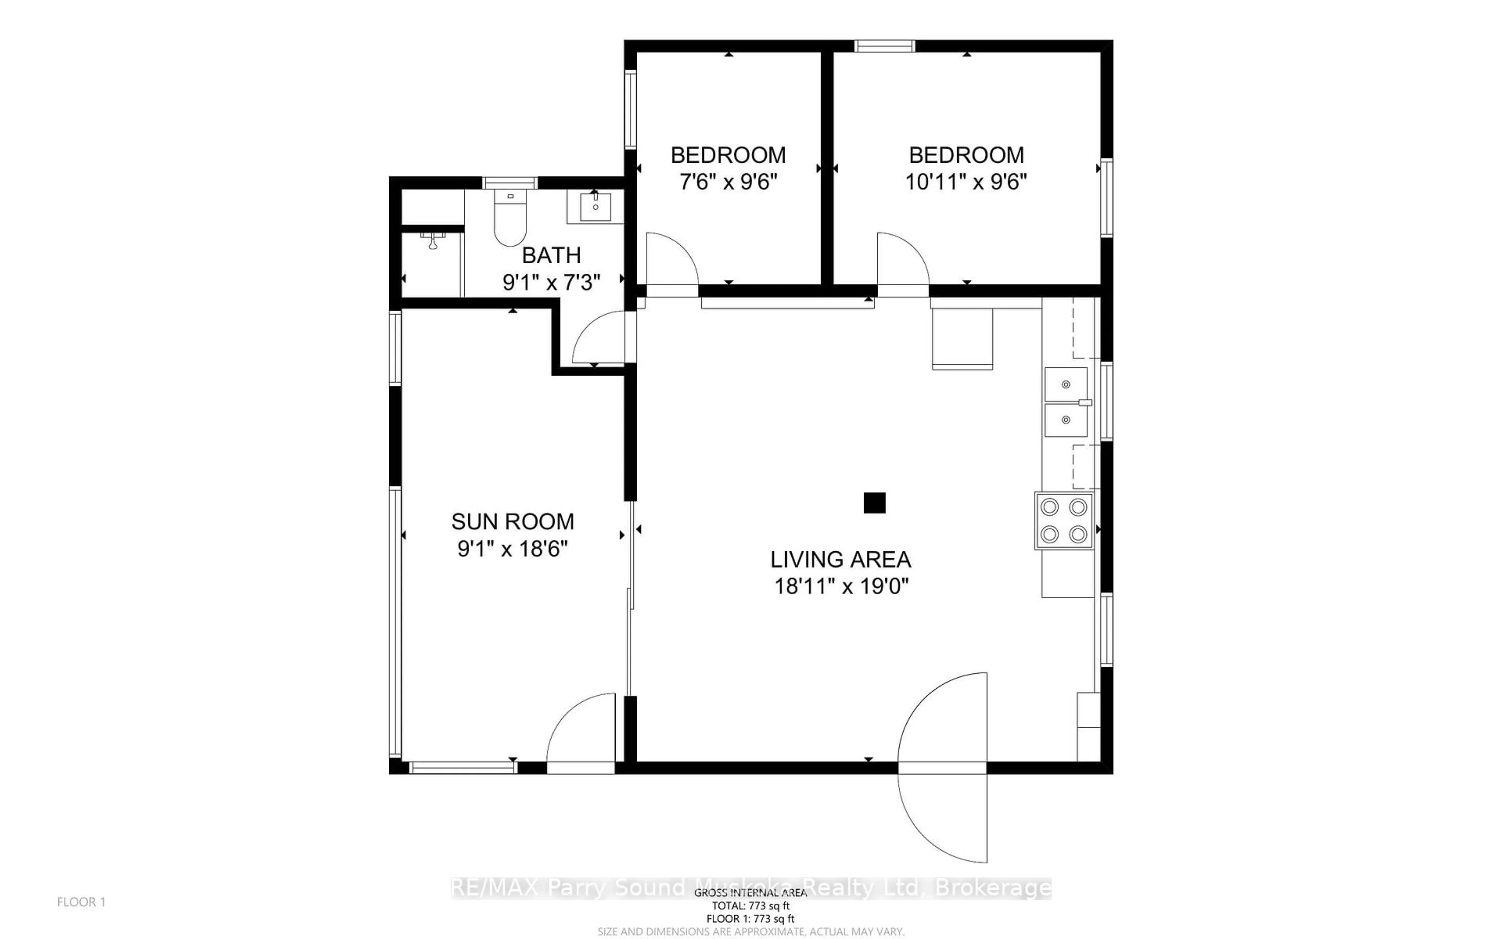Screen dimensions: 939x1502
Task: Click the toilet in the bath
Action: tap(510, 219)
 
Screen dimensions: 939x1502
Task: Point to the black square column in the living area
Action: tap(874, 502)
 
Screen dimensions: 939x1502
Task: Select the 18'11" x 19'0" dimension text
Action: tap(841, 586)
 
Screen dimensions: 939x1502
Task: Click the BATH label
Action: tap(551, 255)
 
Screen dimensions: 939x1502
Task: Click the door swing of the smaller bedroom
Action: tap(670, 261)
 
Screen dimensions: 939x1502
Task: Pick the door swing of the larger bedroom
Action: tap(901, 261)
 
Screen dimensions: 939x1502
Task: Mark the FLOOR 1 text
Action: tap(81, 902)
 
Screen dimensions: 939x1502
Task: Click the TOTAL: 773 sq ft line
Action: tap(750, 905)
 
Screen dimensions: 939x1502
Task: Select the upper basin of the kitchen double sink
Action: tap(1065, 385)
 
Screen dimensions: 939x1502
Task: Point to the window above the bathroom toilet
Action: tap(510, 183)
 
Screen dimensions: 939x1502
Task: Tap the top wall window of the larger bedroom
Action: tap(884, 46)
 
